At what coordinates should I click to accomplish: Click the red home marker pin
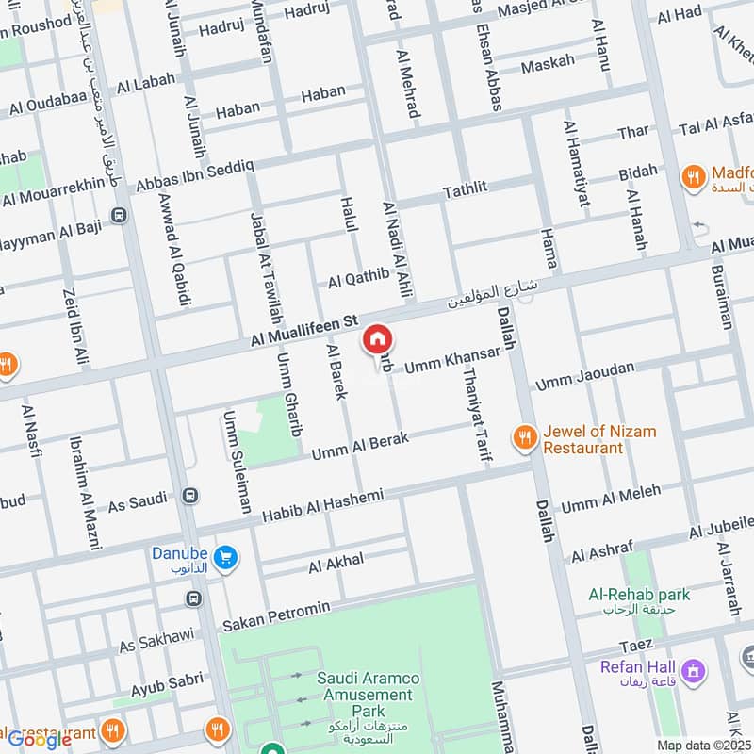coord(377,339)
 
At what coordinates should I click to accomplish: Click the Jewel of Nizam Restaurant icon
coord(524,436)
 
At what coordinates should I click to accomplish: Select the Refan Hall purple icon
coord(695,671)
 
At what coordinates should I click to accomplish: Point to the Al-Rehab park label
coord(639,595)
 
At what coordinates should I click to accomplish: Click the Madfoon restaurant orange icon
coord(695,176)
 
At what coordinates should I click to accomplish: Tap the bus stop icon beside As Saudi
coord(192,496)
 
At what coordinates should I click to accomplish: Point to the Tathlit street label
coord(466,188)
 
